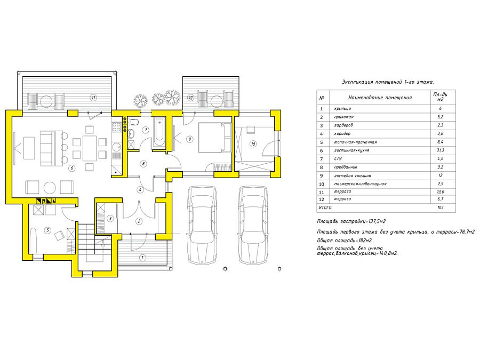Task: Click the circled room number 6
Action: coord(72,168)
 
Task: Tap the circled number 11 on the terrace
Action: coord(93,98)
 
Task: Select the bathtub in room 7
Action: coord(159,132)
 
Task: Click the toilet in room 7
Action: coord(133,122)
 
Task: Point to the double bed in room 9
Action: coord(215,138)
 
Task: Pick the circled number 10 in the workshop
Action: coord(253,144)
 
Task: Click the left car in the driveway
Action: coord(202,225)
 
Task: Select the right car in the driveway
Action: coord(253,225)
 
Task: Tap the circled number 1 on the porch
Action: coord(142,258)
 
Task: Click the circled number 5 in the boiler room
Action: coord(47,230)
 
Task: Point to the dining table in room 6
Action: coord(90,148)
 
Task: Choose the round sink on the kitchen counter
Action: coord(116,147)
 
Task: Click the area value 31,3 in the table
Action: coord(440,150)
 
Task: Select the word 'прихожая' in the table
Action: coord(344,117)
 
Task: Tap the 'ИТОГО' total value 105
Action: coord(440,207)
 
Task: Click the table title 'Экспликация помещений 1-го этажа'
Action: coord(388,82)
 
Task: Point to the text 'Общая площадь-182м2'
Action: coord(345,241)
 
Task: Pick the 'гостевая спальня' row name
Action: coord(353,175)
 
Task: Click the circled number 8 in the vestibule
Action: coord(143,164)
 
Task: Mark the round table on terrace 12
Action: coord(217,101)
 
